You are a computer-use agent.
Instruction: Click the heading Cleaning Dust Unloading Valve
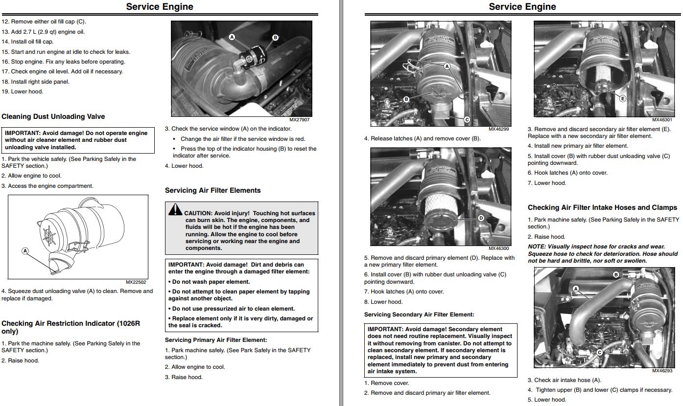53,116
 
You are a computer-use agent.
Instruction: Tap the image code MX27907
299,120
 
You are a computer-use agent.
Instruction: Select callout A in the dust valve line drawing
25,251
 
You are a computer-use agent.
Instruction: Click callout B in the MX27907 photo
275,38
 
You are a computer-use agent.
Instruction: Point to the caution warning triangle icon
175,210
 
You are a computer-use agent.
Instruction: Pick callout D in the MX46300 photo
481,218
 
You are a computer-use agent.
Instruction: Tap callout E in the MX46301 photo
623,98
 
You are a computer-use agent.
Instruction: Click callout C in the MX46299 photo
467,119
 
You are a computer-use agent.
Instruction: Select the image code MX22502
136,282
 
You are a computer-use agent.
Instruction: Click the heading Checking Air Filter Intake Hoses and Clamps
602,207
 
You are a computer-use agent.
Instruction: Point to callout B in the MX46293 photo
616,275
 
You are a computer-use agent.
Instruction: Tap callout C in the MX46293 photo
599,352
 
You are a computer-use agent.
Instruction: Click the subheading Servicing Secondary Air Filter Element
419,315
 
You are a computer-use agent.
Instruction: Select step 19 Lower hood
23,91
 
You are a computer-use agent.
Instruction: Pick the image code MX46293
662,371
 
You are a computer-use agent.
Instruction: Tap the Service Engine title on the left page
160,7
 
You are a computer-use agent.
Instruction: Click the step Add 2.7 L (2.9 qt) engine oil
43,32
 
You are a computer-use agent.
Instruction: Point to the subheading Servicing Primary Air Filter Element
216,340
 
